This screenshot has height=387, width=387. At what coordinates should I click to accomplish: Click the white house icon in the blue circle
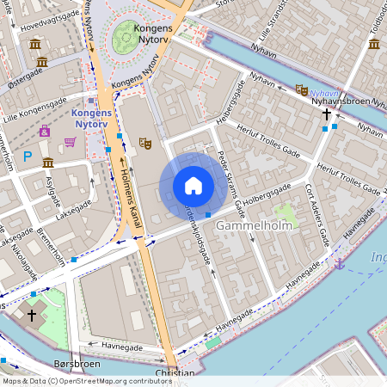(x=193, y=186)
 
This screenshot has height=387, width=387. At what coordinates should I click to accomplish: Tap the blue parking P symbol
(x=27, y=157)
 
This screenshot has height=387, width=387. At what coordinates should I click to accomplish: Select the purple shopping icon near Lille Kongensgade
(x=45, y=132)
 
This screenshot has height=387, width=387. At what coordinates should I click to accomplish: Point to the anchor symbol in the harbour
(x=340, y=262)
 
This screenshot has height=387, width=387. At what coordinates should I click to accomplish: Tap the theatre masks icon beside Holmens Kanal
(x=144, y=143)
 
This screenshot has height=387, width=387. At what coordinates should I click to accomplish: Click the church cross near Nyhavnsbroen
(x=327, y=114)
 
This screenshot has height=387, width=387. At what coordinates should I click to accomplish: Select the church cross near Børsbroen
(x=32, y=315)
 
